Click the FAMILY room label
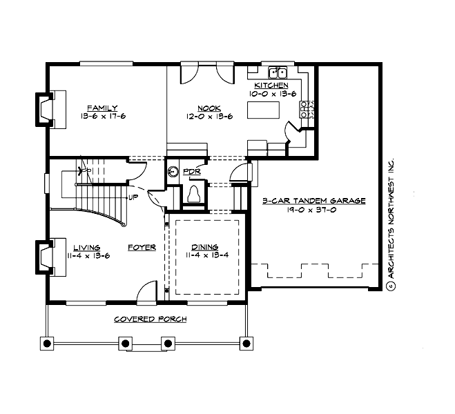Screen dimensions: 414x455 tap(101, 108)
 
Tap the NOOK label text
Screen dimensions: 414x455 tap(209, 108)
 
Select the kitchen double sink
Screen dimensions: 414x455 tap(278, 72)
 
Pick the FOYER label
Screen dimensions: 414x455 tap(141, 247)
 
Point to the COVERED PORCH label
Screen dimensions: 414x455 tap(150, 319)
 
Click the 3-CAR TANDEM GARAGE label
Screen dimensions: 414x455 tap(313, 201)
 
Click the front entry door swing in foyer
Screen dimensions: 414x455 tap(146, 293)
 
